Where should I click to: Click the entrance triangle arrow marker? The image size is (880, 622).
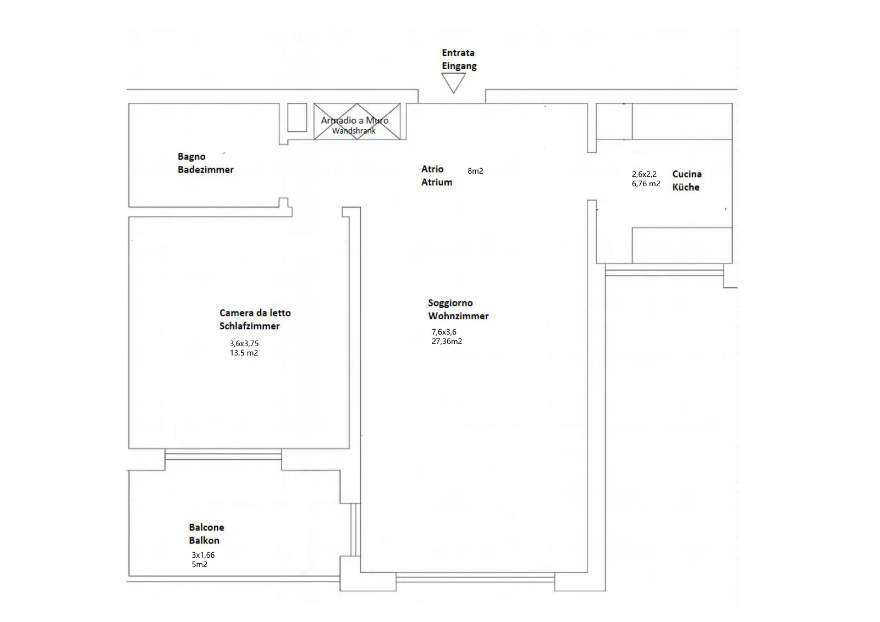(x=453, y=83)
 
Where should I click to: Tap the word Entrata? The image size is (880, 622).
(x=458, y=53)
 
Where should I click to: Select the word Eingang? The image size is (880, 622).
(x=459, y=66)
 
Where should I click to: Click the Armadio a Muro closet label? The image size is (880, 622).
(x=355, y=120)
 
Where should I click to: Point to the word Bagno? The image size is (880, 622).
(x=191, y=157)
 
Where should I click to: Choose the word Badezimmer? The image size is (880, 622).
(x=206, y=170)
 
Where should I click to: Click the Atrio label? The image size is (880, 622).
(x=432, y=169)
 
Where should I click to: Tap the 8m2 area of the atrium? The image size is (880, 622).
(x=475, y=171)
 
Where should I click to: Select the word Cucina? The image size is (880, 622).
(x=687, y=174)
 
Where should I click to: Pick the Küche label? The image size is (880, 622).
(x=686, y=187)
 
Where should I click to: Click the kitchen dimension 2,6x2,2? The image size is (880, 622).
(x=644, y=174)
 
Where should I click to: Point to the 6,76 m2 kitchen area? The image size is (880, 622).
(x=646, y=184)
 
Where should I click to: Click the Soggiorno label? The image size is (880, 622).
(x=450, y=303)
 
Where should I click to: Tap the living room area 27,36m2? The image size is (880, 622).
(x=447, y=341)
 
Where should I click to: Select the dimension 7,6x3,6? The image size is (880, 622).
(x=444, y=332)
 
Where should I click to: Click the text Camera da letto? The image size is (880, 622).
(x=255, y=313)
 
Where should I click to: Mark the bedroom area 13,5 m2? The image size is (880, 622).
(x=244, y=353)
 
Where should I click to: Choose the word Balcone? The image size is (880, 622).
(x=206, y=527)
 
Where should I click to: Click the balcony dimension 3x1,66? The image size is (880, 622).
(x=203, y=555)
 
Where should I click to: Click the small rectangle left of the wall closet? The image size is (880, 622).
(x=297, y=118)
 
